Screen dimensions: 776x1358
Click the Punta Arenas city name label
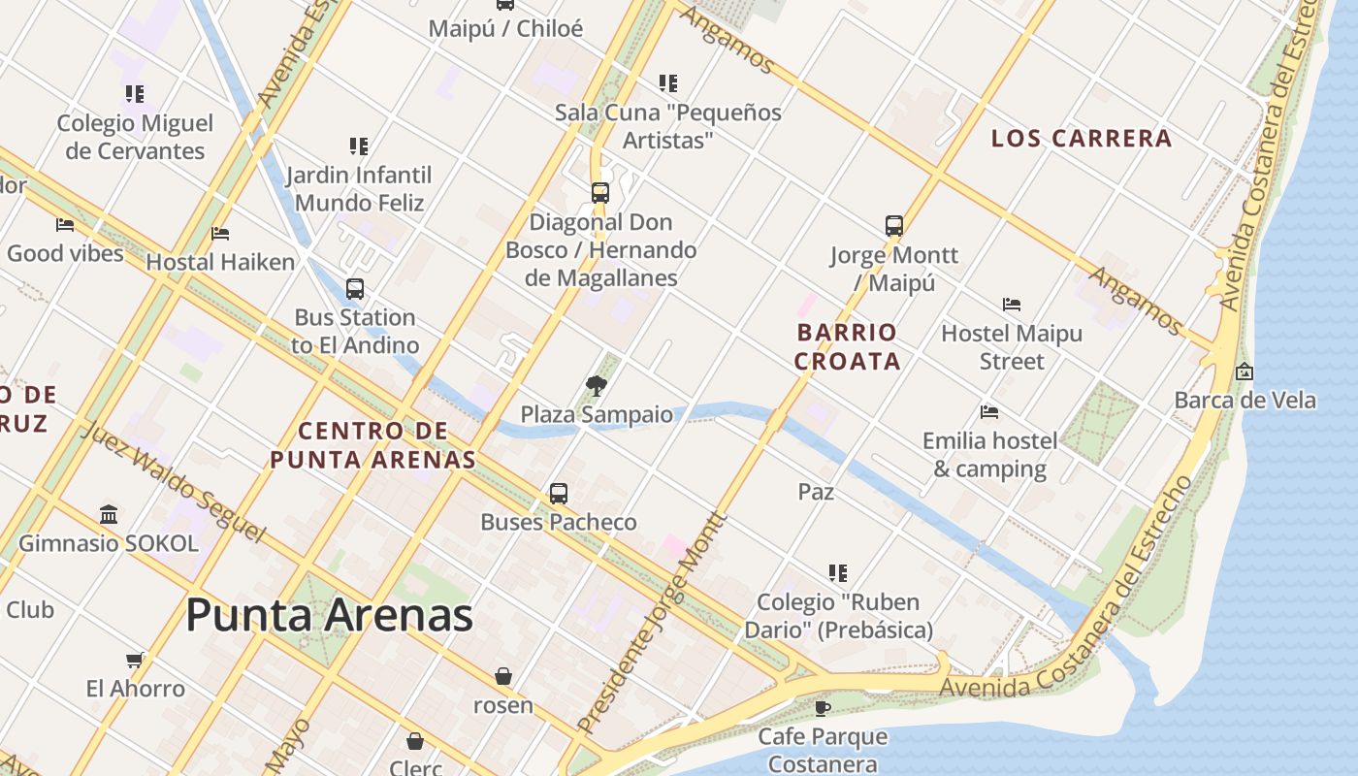[329, 615]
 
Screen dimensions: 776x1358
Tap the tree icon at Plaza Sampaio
[597, 386]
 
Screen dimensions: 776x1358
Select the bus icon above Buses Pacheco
[559, 493]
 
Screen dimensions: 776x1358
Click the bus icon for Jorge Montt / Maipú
[894, 226]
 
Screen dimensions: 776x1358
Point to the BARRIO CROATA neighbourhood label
[847, 347]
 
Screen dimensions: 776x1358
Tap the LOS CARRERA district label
[1082, 139]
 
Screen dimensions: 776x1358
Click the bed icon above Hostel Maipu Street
[1012, 305]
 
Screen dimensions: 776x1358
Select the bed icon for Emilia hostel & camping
[989, 412]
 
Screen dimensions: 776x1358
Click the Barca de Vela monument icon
[1245, 372]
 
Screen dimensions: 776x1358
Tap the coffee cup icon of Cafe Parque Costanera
[823, 708]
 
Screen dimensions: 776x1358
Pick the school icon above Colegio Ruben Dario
[838, 573]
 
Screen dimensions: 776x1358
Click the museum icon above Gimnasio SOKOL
[109, 514]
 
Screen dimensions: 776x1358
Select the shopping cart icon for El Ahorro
[135, 660]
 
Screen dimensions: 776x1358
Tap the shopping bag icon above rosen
[503, 676]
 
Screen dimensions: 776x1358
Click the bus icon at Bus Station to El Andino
[355, 288]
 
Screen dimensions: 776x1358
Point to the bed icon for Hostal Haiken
[220, 234]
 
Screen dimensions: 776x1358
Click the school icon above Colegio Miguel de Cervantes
[135, 94]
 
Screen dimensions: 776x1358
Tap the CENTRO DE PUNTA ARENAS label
[372, 445]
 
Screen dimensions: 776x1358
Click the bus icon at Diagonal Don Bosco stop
[600, 193]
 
